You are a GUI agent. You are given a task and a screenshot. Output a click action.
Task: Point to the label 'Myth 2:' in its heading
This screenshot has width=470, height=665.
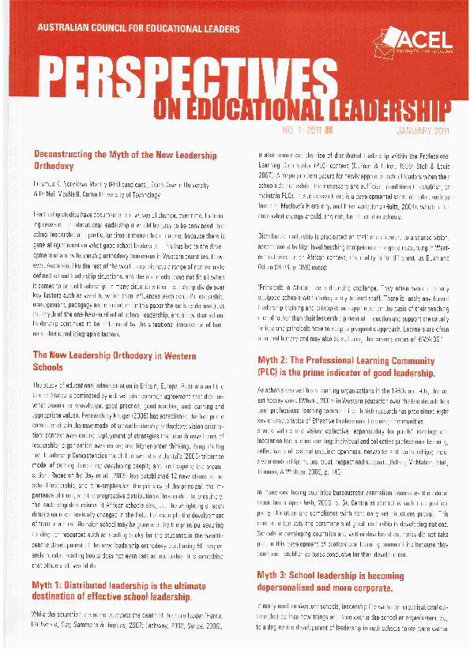point(276,360)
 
